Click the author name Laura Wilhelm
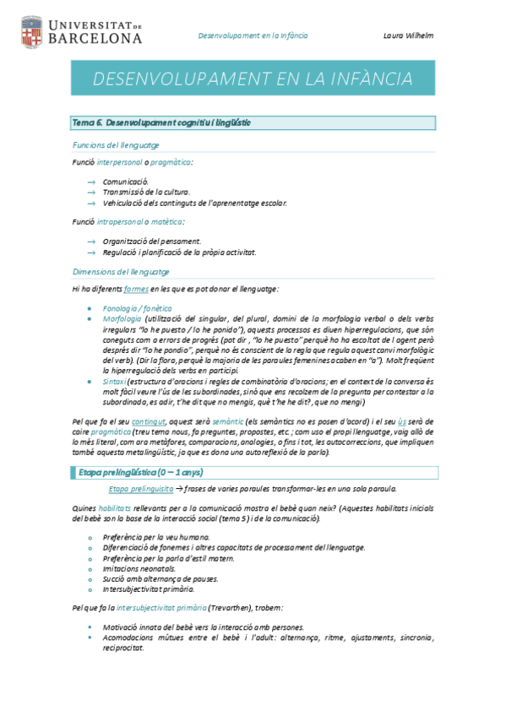pos(409,36)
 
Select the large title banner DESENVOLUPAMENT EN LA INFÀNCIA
pos(253,79)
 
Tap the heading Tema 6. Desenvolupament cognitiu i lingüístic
pos(161,123)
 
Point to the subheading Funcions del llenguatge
pos(116,145)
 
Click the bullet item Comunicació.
pos(126,182)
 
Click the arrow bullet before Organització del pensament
pos(91,241)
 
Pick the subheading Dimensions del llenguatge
pos(121,272)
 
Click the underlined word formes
pos(136,289)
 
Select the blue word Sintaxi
pos(116,382)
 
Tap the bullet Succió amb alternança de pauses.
pos(161,578)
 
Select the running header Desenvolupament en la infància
pos(253,36)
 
